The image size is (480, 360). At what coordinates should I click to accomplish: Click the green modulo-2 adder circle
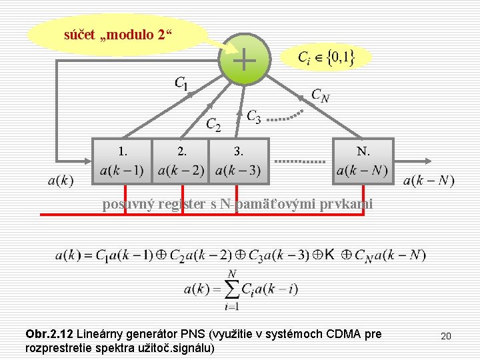pos(244,60)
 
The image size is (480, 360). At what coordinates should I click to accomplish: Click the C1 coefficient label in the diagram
pos(181,83)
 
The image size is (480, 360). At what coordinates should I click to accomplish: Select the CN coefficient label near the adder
pos(320,96)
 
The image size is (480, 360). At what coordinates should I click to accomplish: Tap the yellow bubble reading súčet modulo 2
pos(117,34)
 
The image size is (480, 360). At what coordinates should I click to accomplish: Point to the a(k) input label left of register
pos(61,180)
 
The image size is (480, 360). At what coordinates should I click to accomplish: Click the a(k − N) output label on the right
pos(429,180)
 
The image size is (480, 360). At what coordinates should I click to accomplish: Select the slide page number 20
pos(446,336)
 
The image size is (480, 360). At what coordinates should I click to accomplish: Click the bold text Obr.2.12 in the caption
pos(49,333)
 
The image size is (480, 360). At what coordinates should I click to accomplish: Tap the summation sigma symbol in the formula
pos(231,289)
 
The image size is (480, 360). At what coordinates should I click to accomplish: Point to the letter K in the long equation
pos(330,255)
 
